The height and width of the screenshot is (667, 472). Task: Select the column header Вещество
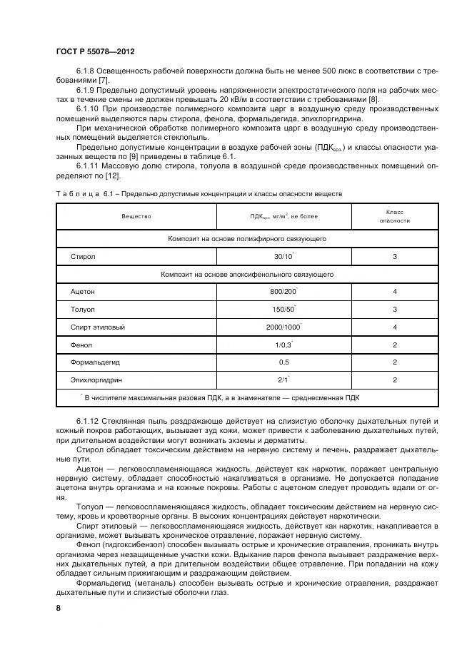136,215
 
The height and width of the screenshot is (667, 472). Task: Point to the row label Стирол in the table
83,256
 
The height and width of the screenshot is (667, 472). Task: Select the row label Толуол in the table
83,310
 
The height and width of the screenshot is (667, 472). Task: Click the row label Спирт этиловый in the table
98,327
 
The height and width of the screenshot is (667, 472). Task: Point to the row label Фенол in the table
81,345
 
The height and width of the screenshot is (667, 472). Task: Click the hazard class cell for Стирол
394,256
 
